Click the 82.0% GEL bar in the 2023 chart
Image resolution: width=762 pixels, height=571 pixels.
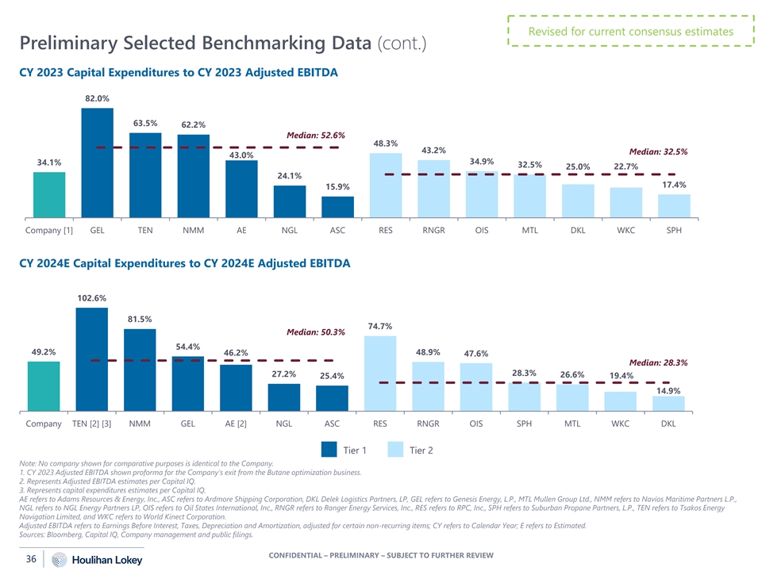(x=97, y=162)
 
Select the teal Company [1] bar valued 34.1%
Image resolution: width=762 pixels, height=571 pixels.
(x=49, y=194)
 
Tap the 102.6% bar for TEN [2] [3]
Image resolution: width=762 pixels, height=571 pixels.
(x=91, y=359)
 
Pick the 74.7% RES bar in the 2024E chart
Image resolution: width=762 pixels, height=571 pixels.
(x=380, y=373)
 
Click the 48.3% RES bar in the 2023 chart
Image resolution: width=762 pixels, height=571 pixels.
(x=386, y=185)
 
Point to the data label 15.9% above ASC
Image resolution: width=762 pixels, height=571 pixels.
(x=337, y=186)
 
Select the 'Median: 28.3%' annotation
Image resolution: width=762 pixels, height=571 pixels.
(x=658, y=362)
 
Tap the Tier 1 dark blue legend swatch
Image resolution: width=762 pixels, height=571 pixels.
(x=329, y=450)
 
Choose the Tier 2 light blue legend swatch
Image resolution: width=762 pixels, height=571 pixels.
(x=396, y=450)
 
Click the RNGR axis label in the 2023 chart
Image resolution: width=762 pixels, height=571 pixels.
(x=433, y=231)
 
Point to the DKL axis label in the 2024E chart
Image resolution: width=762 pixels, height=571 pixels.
(x=668, y=423)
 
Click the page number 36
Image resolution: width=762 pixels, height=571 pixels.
(x=32, y=558)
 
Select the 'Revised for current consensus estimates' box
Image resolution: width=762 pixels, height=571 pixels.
(x=631, y=32)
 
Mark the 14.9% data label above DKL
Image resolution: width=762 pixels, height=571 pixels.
(x=668, y=390)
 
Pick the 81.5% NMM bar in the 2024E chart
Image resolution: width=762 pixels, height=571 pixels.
(x=140, y=370)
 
